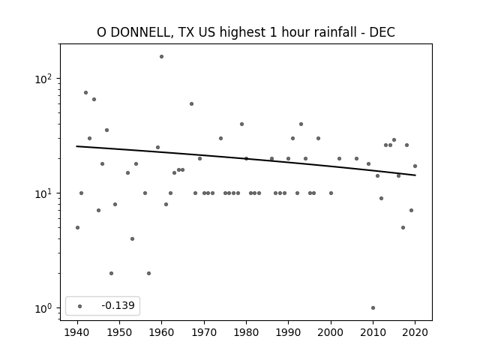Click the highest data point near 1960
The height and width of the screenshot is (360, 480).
[162, 57]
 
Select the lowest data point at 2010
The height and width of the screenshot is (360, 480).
[373, 308]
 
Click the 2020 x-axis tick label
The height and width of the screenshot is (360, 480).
[415, 332]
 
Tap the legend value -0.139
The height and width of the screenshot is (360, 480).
[118, 305]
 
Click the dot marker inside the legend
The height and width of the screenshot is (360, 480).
[80, 306]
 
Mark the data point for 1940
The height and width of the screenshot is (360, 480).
[77, 228]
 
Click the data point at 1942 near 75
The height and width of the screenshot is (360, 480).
[85, 93]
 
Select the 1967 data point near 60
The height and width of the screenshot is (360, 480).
[192, 104]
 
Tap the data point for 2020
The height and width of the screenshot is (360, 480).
[415, 166]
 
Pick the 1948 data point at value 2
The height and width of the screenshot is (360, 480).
[111, 273]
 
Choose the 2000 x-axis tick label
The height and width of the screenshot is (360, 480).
[331, 332]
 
